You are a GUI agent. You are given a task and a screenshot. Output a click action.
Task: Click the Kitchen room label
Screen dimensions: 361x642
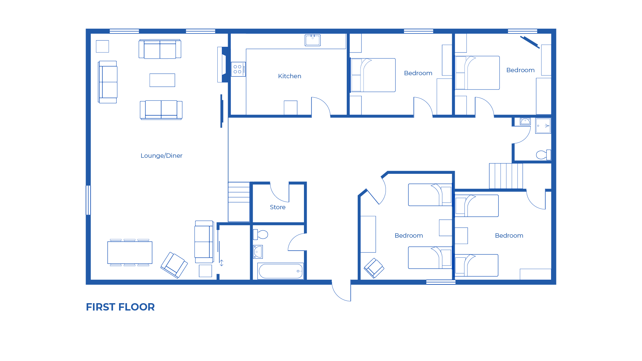290,76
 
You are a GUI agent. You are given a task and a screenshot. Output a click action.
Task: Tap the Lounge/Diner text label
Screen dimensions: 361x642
162,156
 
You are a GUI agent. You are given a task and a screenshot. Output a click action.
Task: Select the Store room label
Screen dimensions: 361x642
278,207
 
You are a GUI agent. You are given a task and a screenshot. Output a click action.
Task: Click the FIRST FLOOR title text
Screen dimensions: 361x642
120,307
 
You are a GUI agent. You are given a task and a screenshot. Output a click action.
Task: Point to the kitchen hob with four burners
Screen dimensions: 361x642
238,69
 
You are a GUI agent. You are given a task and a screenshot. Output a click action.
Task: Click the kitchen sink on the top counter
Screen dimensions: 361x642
313,40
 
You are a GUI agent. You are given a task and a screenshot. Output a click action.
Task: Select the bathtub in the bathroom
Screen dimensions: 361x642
281,271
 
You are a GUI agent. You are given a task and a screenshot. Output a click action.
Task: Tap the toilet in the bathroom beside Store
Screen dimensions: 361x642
261,235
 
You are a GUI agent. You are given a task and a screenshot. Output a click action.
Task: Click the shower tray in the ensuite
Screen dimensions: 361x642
543,126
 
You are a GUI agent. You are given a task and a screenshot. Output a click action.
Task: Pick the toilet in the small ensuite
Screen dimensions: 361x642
543,155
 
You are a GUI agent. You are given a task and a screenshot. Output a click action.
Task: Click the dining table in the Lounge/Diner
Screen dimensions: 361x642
130,253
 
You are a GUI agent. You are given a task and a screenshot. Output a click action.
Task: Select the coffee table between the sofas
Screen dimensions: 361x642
162,80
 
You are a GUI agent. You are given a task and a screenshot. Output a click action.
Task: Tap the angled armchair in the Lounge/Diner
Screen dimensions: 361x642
174,265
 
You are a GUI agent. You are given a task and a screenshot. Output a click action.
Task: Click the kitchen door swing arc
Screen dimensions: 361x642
321,106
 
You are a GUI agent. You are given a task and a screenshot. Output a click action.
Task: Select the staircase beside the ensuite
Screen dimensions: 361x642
506,176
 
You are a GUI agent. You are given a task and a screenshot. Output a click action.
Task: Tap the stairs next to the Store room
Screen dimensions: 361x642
239,202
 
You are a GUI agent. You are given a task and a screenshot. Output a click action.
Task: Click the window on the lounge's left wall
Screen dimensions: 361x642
88,200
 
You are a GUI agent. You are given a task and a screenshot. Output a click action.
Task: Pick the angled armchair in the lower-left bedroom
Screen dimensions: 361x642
374,268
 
